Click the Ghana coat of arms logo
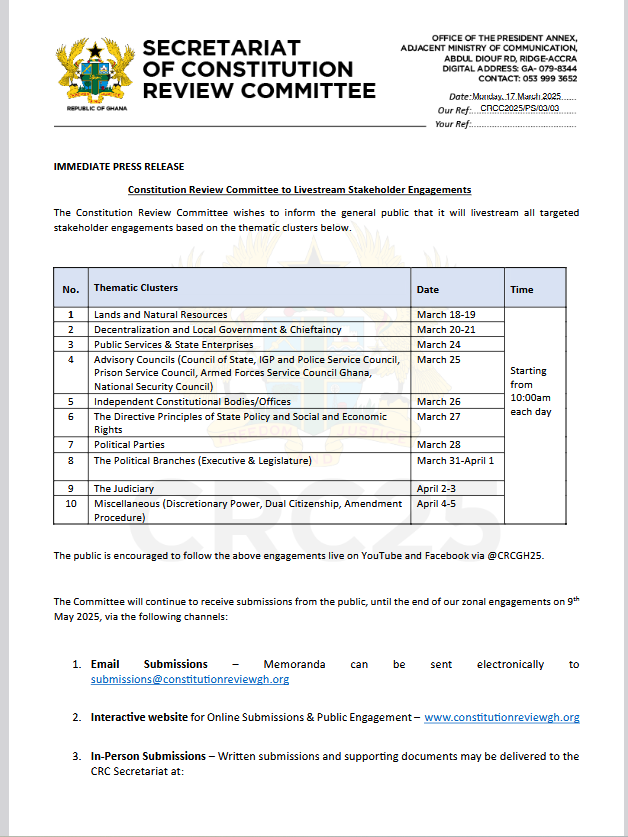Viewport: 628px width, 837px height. pos(94,72)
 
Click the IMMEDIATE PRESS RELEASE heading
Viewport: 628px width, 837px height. pos(118,166)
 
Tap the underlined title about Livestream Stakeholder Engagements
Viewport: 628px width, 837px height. pos(299,189)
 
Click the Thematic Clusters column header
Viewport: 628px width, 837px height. pos(135,288)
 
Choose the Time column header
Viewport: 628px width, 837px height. pos(521,289)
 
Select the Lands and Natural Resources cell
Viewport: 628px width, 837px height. pos(160,315)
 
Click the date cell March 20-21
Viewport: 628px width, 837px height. pos(446,329)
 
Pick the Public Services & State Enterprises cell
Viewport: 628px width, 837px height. pos(173,344)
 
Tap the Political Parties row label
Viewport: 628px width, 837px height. pos(129,444)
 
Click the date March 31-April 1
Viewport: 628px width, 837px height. pos(455,460)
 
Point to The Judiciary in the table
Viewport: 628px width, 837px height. pos(124,488)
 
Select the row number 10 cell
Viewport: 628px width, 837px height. pos(70,504)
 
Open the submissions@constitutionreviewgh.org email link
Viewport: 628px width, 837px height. pos(190,679)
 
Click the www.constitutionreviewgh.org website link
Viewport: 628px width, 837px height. pos(502,717)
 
